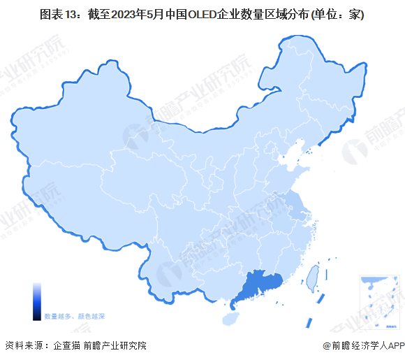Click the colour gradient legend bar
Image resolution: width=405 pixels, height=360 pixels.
(x=36, y=301)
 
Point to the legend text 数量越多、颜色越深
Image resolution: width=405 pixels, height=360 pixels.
(x=75, y=316)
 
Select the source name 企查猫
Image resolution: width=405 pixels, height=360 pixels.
(x=66, y=345)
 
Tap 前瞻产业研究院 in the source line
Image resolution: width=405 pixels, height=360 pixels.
(x=115, y=345)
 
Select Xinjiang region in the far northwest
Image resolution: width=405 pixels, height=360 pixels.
(x=77, y=140)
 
